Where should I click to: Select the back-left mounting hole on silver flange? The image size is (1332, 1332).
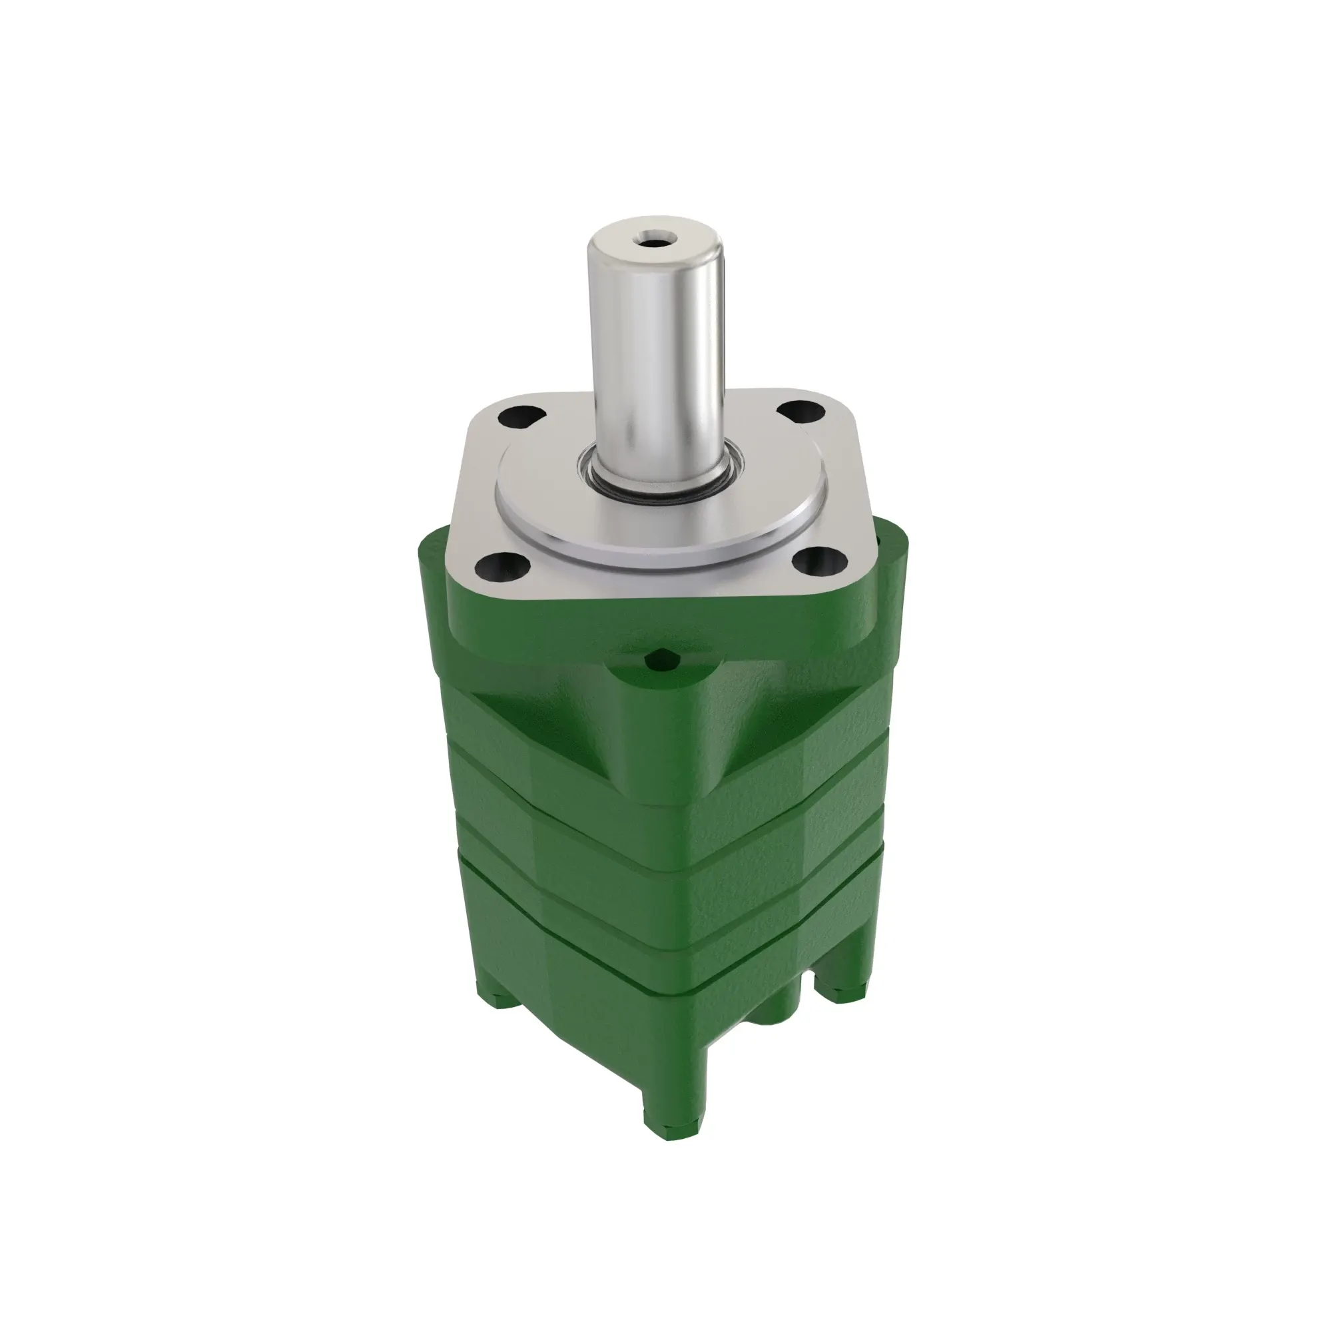pos(522,416)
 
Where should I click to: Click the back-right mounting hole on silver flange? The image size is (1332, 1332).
pos(801,412)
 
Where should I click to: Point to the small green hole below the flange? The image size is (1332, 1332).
pos(663,661)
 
